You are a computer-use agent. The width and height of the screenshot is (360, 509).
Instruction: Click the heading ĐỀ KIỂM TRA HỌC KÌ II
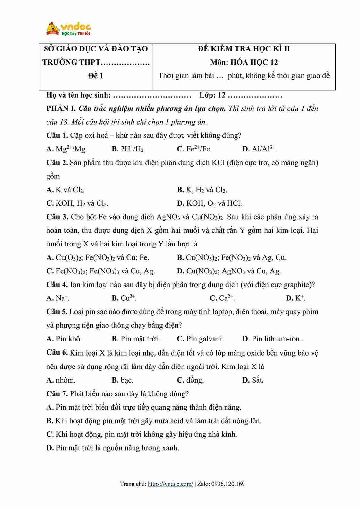click(x=244, y=49)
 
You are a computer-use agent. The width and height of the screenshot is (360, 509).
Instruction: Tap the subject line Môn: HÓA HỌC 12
click(x=244, y=62)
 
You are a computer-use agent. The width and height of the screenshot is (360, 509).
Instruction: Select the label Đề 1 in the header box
click(x=96, y=76)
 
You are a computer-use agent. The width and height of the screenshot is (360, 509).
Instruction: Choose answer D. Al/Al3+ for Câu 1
click(x=260, y=149)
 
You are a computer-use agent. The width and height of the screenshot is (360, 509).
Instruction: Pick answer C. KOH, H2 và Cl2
click(x=77, y=203)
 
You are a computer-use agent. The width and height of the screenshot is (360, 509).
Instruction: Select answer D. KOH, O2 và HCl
click(x=209, y=203)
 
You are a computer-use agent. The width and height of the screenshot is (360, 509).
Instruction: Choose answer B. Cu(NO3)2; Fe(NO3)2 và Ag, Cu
click(x=232, y=258)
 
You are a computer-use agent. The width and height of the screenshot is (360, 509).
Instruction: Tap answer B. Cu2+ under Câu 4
click(x=124, y=298)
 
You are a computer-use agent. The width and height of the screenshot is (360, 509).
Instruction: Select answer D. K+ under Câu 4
click(x=296, y=298)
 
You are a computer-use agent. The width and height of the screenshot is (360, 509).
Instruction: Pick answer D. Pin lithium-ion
click(x=273, y=339)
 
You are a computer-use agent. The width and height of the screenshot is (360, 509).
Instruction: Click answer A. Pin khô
click(x=64, y=339)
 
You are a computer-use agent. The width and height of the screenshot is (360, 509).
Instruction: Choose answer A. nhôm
click(x=61, y=380)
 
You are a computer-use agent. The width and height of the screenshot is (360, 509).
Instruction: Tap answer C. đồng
click(x=190, y=380)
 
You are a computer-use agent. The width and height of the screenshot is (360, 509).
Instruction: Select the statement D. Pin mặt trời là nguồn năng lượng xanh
click(x=113, y=448)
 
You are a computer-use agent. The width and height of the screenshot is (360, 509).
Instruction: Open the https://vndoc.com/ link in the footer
click(x=170, y=484)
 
